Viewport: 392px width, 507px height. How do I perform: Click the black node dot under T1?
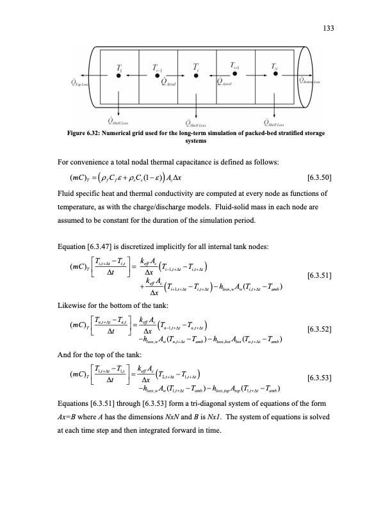tap(118, 74)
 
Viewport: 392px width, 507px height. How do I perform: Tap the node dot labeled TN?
tap(275, 74)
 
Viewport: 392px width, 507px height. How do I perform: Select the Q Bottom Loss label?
tap(309, 80)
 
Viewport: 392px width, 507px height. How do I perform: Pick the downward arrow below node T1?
tap(118, 101)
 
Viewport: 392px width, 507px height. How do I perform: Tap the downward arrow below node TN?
tap(275, 101)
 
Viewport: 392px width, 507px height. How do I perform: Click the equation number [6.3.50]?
tap(322, 176)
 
